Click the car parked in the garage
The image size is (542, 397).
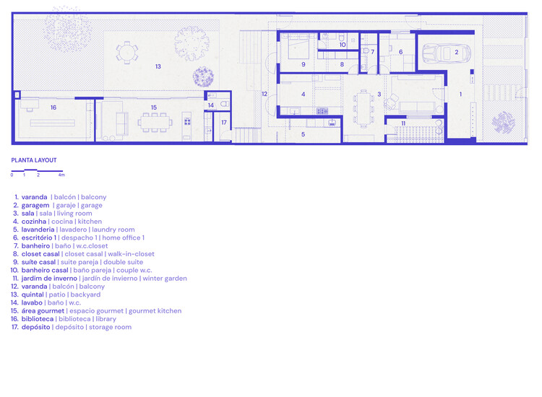pos(446,53)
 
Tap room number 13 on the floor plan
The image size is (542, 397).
pos(158,66)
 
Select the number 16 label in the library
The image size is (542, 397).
pos(53,107)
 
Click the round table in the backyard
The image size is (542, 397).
pos(127,51)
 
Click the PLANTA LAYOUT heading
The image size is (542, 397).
pos(34,160)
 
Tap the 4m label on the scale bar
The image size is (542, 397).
pos(61,175)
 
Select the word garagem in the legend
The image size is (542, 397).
pos(35,205)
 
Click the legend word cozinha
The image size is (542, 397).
pos(34,222)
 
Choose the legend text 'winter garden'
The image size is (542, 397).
pos(165,278)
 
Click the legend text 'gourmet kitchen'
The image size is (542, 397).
pos(155,310)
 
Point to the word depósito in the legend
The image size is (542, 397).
pos(36,327)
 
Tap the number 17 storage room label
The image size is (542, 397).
pos(224,123)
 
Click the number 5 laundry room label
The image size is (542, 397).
pos(304,134)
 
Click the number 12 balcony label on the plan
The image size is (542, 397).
pos(264,94)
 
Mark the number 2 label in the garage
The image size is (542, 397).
pos(457,52)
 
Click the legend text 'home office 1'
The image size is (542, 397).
pos(122,237)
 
